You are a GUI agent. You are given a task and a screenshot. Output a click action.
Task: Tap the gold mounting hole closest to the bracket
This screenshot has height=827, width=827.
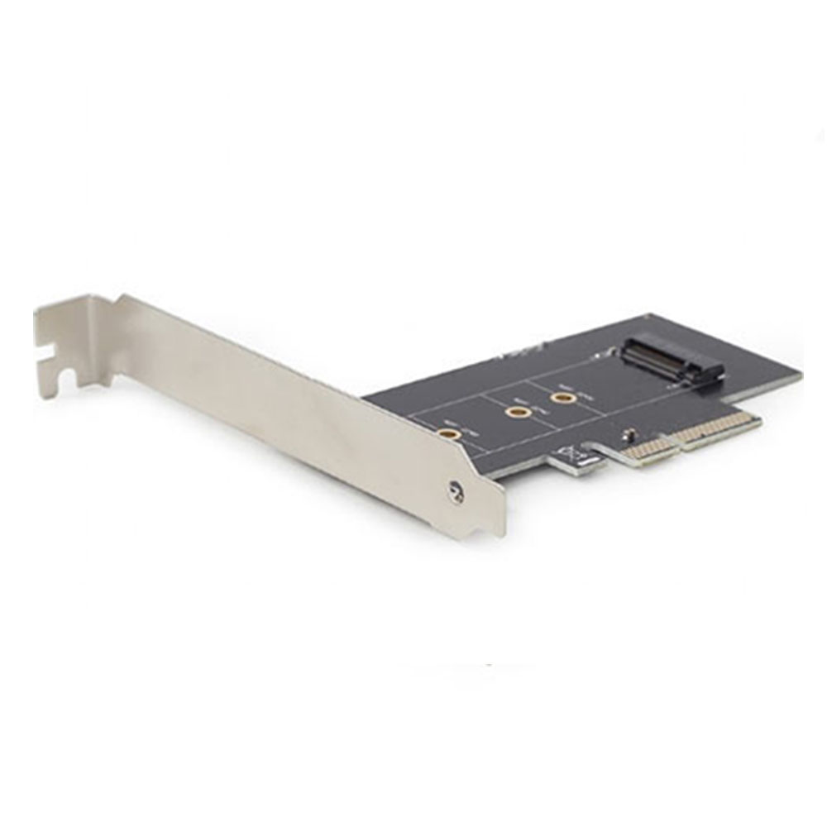(x=449, y=433)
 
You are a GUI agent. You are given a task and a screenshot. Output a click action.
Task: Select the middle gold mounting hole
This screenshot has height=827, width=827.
(x=518, y=412)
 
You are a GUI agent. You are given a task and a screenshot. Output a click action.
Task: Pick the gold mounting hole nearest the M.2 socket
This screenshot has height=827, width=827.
(x=564, y=399)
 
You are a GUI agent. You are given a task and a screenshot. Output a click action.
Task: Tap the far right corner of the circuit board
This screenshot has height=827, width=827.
(x=799, y=372)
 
